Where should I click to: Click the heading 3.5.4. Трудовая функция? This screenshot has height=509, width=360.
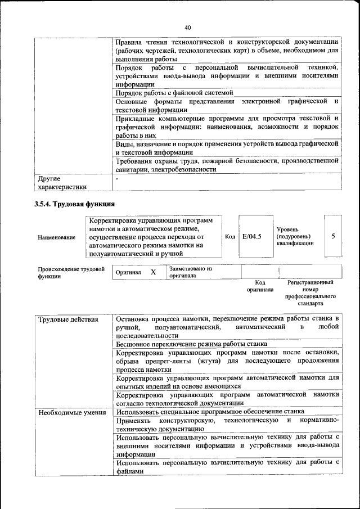(x=75, y=203)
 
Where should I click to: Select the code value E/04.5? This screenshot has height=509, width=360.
(x=251, y=236)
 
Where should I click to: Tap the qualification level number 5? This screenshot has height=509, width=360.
(x=333, y=236)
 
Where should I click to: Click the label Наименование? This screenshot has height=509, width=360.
(x=57, y=237)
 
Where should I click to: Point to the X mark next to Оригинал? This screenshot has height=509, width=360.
(x=153, y=272)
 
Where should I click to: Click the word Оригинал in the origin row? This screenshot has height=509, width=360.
(x=128, y=272)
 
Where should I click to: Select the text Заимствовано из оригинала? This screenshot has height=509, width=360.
(x=190, y=272)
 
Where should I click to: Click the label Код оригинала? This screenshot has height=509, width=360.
(x=260, y=286)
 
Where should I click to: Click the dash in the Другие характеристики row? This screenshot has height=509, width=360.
(x=117, y=178)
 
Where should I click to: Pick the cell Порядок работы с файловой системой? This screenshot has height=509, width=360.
(x=174, y=93)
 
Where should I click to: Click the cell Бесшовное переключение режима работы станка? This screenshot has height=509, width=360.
(x=187, y=343)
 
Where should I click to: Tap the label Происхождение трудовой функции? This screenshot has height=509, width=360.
(x=71, y=273)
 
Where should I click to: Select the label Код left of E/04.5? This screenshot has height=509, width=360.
(x=229, y=237)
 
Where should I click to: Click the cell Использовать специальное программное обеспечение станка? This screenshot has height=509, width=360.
(x=210, y=411)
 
